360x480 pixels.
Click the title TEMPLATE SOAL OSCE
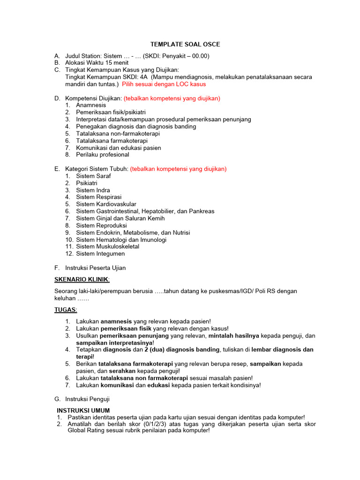(x=185, y=45)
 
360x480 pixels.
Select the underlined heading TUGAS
(x=66, y=310)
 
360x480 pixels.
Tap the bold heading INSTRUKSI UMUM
(x=83, y=411)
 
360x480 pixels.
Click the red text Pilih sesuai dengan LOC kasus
(x=164, y=84)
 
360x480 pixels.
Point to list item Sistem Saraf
(x=93, y=176)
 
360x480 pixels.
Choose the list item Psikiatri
(x=87, y=183)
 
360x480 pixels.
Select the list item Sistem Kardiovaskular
(x=106, y=204)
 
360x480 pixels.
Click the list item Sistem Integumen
(x=100, y=254)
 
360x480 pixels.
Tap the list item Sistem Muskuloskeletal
(x=108, y=247)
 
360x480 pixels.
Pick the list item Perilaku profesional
(x=103, y=155)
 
